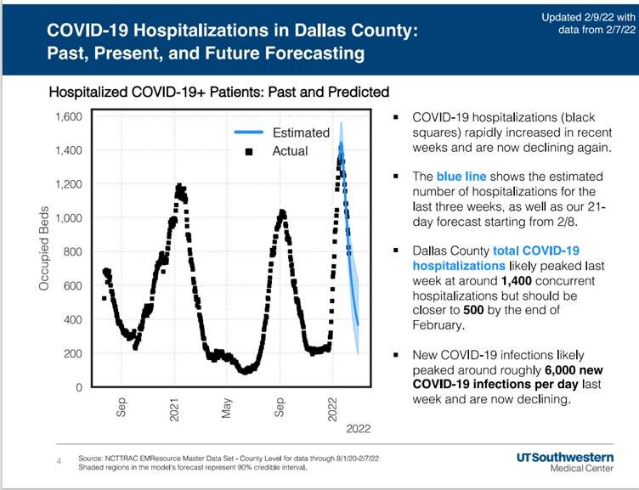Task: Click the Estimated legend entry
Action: [300, 132]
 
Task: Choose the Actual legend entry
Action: [290, 151]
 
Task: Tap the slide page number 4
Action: [59, 461]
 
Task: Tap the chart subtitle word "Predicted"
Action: [358, 91]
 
